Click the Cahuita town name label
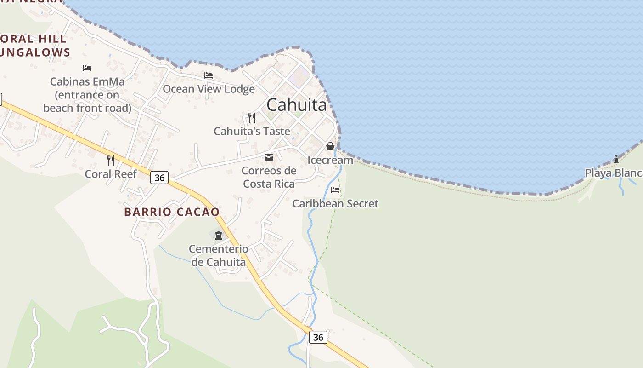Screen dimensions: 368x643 [297, 105]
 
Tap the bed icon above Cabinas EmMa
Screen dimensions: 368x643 [87, 68]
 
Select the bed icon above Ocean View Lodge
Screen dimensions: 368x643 [209, 75]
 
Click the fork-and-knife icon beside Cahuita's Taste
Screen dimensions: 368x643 [251, 118]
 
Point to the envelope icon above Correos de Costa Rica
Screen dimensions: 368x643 [269, 157]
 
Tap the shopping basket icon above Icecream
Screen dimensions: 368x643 [330, 147]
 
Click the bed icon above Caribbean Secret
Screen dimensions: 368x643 [335, 190]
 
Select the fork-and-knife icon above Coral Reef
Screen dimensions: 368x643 [111, 160]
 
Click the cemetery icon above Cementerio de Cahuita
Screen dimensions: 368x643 [218, 236]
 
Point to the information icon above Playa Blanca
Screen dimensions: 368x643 [616, 159]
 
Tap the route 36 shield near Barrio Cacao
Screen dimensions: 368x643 [159, 177]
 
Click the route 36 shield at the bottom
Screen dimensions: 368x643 [318, 337]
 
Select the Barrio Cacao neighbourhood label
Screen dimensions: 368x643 [172, 212]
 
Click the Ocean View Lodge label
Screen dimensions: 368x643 [209, 89]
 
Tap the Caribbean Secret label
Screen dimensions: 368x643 [335, 203]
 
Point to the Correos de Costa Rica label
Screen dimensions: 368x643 [269, 177]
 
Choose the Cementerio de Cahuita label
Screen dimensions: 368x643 [218, 255]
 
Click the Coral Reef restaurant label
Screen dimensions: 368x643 [111, 174]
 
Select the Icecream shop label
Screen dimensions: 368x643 [330, 160]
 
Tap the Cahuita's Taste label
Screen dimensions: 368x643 [252, 131]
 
